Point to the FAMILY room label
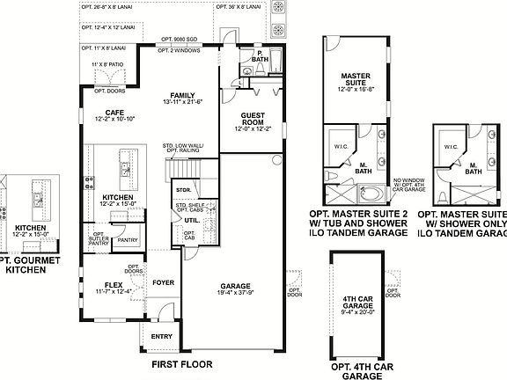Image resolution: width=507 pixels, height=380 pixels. pyautogui.click(x=183, y=98)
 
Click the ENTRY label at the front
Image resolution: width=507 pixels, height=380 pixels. pyautogui.click(x=162, y=336)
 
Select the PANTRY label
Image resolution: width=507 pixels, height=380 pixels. pyautogui.click(x=128, y=238)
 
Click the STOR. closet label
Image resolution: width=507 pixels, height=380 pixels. pyautogui.click(x=183, y=189)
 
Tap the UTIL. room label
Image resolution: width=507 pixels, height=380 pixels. pyautogui.click(x=189, y=220)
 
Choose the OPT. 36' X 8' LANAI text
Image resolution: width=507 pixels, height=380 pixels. pyautogui.click(x=238, y=5)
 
